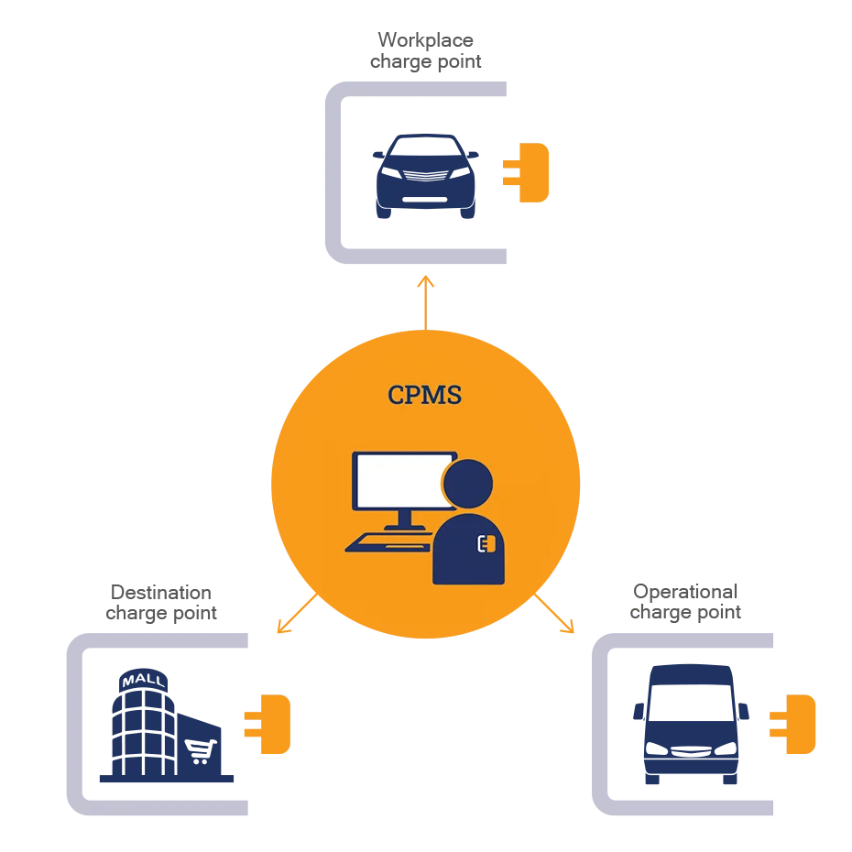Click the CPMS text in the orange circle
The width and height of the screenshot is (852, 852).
click(425, 396)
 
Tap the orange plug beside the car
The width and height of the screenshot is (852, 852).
click(528, 171)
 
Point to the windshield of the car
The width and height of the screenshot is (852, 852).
click(425, 148)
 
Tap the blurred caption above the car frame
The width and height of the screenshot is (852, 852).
click(425, 51)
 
